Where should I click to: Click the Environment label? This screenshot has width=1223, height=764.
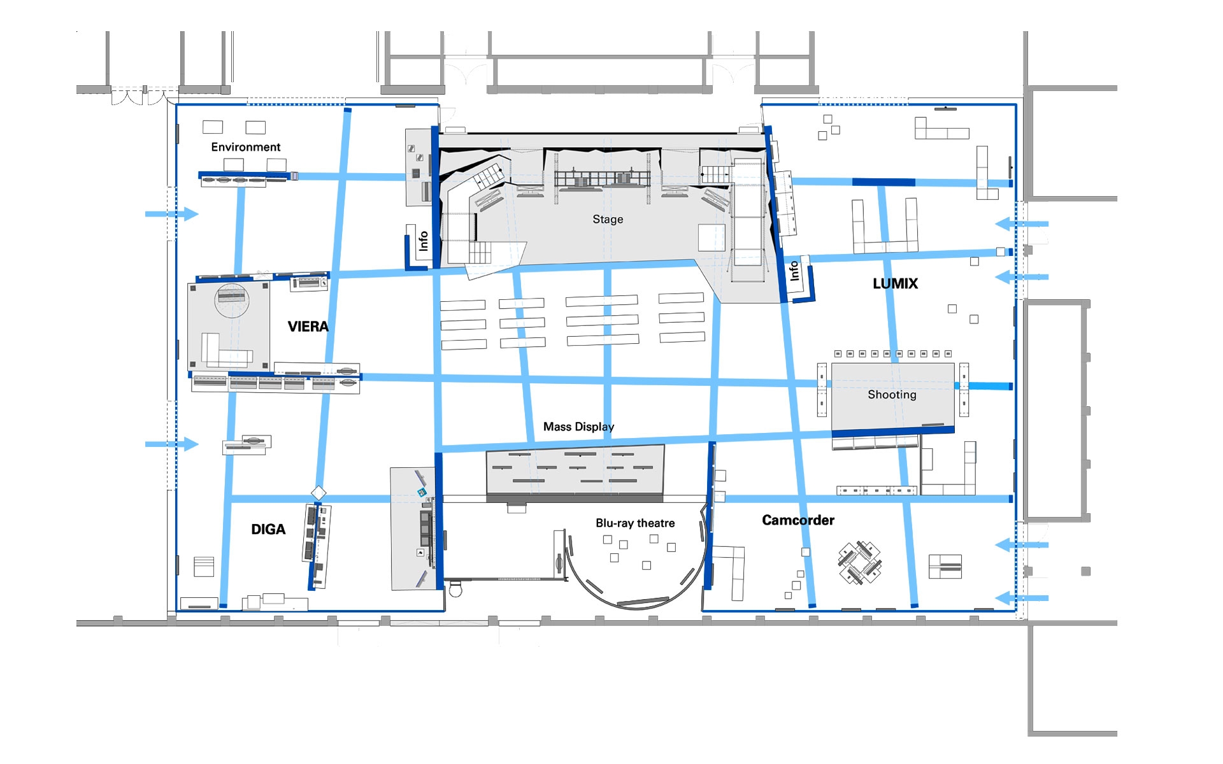(246, 147)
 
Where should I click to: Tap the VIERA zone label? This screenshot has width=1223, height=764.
(308, 327)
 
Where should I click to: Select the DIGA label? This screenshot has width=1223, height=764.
(268, 529)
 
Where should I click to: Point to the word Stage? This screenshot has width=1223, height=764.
(608, 220)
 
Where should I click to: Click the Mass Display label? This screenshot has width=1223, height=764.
(578, 427)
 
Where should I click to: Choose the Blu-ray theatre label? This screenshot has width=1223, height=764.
(635, 523)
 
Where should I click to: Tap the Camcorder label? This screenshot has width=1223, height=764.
(798, 520)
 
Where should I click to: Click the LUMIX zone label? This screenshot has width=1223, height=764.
(895, 284)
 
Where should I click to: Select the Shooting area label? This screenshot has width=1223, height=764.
(892, 395)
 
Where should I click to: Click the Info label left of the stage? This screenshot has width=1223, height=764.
(423, 241)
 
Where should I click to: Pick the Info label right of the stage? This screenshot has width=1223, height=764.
(794, 271)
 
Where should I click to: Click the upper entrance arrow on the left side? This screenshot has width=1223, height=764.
(172, 214)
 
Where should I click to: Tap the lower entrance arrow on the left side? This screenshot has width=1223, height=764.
(172, 444)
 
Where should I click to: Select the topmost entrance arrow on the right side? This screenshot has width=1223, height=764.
(1022, 223)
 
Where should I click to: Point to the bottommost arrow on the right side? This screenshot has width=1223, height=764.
(1022, 598)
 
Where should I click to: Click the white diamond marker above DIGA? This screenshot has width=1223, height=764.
(318, 493)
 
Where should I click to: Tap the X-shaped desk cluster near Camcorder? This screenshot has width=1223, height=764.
(860, 563)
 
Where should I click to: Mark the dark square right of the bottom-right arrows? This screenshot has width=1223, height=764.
(1086, 572)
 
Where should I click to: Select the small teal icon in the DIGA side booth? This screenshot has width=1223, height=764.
(421, 493)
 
